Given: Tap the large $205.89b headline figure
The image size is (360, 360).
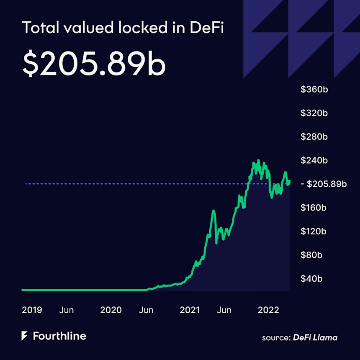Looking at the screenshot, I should [94, 64].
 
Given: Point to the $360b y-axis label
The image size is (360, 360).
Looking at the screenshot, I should [314, 90].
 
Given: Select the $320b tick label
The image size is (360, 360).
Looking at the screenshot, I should [314, 113].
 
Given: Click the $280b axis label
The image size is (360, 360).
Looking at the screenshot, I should [314, 137].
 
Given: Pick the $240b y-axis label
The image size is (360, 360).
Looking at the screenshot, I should [314, 160].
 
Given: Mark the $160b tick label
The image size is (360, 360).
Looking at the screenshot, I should [314, 208].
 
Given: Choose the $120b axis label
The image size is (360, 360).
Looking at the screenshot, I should [314, 231].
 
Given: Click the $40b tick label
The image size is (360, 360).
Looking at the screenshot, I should [312, 278].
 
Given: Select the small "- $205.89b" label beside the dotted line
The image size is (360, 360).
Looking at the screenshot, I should [324, 184].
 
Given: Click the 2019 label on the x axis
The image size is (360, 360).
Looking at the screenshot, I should [32, 310].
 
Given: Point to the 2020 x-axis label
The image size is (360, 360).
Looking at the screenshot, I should [111, 310].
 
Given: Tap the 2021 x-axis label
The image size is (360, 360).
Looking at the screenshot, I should [190, 310].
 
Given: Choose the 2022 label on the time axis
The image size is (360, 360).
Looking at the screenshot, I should [268, 310].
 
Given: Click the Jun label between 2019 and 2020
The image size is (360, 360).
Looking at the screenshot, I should [67, 310].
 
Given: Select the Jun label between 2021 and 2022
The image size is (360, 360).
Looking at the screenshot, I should [224, 310].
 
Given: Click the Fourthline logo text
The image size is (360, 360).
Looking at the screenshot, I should [59, 336].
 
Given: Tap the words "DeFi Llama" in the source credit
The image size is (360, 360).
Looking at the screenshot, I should [315, 337].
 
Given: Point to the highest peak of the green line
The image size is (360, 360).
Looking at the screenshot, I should [258, 160].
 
